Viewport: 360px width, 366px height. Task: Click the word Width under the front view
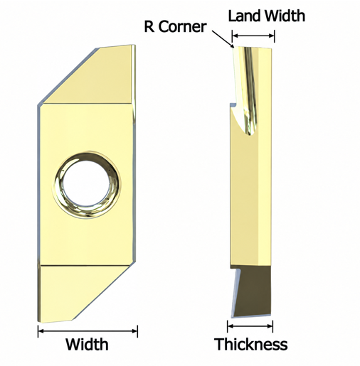click(x=87, y=344)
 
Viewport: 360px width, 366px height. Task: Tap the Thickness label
click(x=250, y=344)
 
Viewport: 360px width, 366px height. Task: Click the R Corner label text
click(x=175, y=26)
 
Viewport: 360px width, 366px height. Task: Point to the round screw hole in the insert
click(x=87, y=184)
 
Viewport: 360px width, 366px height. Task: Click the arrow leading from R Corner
click(x=222, y=39)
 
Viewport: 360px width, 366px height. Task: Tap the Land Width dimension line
click(x=253, y=36)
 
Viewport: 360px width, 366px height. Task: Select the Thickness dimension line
click(x=250, y=326)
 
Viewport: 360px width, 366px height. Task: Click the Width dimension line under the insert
click(x=88, y=331)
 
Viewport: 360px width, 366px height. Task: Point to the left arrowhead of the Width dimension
click(x=41, y=331)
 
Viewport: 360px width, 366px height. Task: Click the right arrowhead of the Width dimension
click(x=135, y=331)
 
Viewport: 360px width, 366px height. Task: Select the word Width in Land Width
click(x=285, y=16)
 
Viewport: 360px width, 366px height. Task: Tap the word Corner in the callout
click(x=182, y=26)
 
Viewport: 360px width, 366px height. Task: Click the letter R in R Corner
click(x=149, y=26)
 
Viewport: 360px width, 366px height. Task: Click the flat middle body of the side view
click(x=250, y=201)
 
